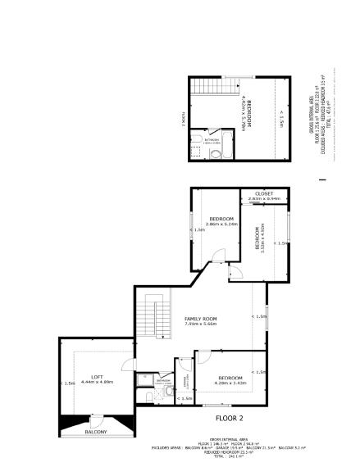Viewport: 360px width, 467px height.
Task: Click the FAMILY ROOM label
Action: pos(200,317)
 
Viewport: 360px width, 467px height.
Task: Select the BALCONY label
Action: pos(97,431)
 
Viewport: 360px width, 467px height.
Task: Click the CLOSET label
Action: pos(263,193)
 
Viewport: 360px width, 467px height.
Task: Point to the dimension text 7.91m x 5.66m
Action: pos(200,324)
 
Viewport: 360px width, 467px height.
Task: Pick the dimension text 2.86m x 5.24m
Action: pos(221,224)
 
